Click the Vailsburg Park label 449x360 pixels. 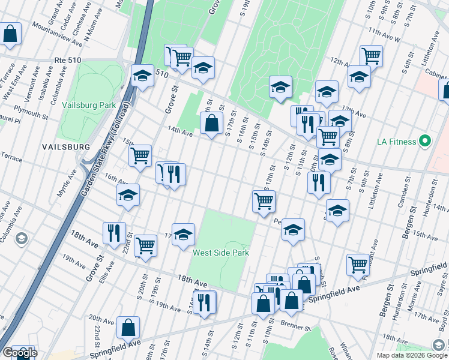(x=89, y=105)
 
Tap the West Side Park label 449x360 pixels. (x=220, y=253)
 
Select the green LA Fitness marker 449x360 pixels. (x=425, y=142)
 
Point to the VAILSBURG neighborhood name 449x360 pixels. (x=66, y=147)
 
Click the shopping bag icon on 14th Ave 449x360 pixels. (x=211, y=124)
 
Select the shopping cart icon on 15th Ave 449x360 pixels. (x=140, y=155)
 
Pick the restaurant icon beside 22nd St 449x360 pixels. (x=114, y=232)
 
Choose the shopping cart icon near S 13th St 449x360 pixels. (x=264, y=201)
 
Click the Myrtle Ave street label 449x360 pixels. (x=71, y=181)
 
